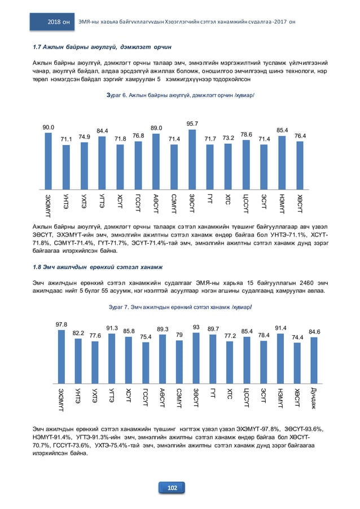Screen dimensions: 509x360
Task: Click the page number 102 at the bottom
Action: (179, 488)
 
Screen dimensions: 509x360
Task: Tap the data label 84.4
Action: (102, 131)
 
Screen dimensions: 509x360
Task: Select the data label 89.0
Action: (156, 128)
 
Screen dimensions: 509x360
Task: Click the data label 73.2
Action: (228, 138)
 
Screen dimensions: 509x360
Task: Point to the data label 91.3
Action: (112, 328)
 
